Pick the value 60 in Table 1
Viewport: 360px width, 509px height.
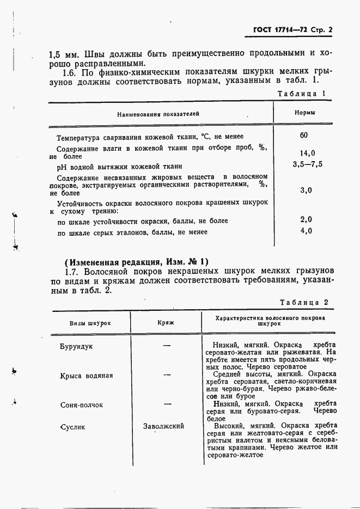pos(304,136)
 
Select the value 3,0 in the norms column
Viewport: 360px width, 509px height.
pos(306,190)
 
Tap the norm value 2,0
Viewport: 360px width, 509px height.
pos(306,219)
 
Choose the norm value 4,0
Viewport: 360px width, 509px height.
pos(306,231)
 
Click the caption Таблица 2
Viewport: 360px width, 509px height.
pos(304,302)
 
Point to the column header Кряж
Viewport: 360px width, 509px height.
pos(166,323)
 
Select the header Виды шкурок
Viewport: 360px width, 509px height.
pos(90,323)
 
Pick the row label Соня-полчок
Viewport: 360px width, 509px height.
pos(82,405)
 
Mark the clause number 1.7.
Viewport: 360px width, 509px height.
pos(72,271)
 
